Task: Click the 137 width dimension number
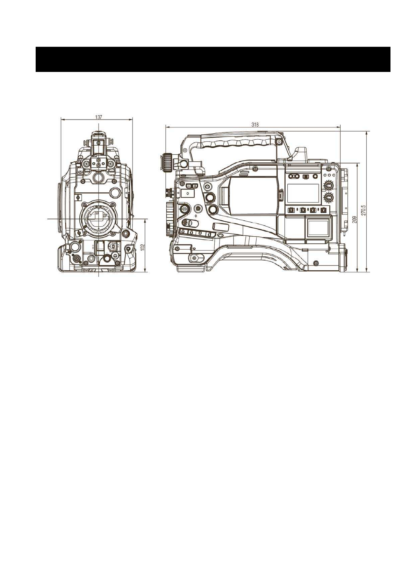(x=99, y=117)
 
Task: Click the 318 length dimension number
(x=254, y=125)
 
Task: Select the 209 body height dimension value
(x=354, y=219)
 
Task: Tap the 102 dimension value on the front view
(x=142, y=247)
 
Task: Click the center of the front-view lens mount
(x=99, y=218)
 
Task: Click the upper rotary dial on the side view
(x=328, y=186)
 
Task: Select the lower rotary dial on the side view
(x=328, y=197)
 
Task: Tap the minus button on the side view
(x=189, y=186)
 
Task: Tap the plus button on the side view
(x=195, y=186)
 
